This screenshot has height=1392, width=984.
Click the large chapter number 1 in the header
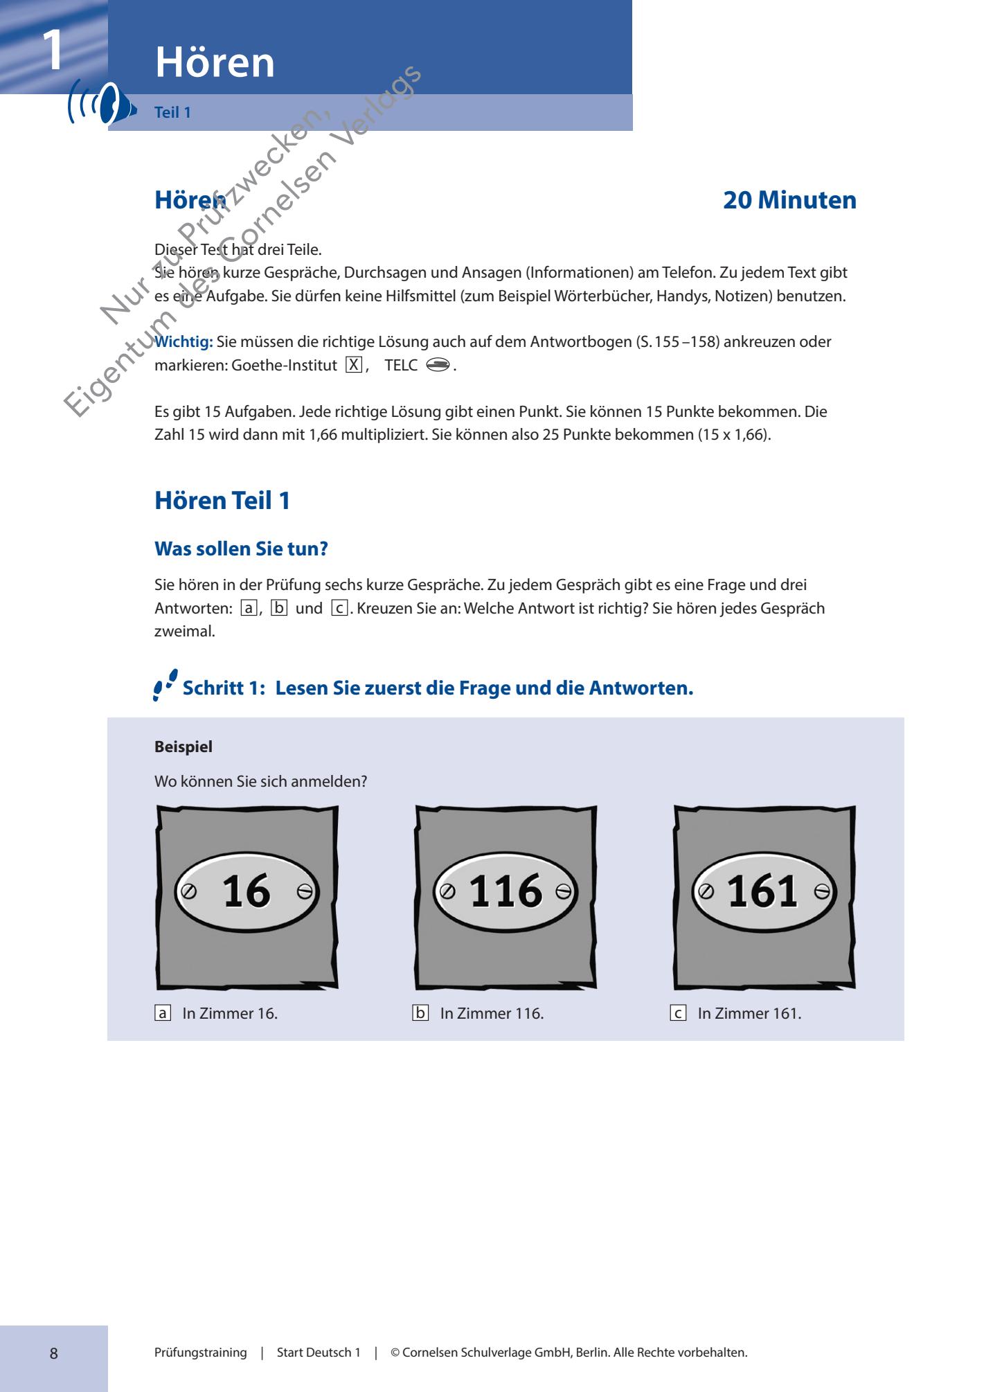click(52, 50)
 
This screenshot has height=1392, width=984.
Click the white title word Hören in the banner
click(215, 62)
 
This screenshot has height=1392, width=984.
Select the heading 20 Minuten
click(789, 201)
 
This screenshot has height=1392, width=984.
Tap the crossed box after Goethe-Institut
click(354, 366)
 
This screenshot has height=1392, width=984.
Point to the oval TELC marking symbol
click(438, 366)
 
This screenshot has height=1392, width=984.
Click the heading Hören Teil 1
click(222, 501)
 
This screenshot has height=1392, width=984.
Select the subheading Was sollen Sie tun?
click(241, 549)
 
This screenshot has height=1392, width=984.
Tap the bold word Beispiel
click(184, 747)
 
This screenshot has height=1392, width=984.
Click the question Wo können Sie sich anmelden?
click(260, 782)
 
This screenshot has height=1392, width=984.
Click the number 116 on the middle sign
click(506, 891)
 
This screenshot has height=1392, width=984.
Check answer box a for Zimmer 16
click(163, 1014)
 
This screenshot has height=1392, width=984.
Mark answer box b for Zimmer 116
click(420, 1014)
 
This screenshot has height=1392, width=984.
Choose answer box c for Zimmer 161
click(678, 1014)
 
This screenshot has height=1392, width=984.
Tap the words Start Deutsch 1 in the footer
click(319, 1353)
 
